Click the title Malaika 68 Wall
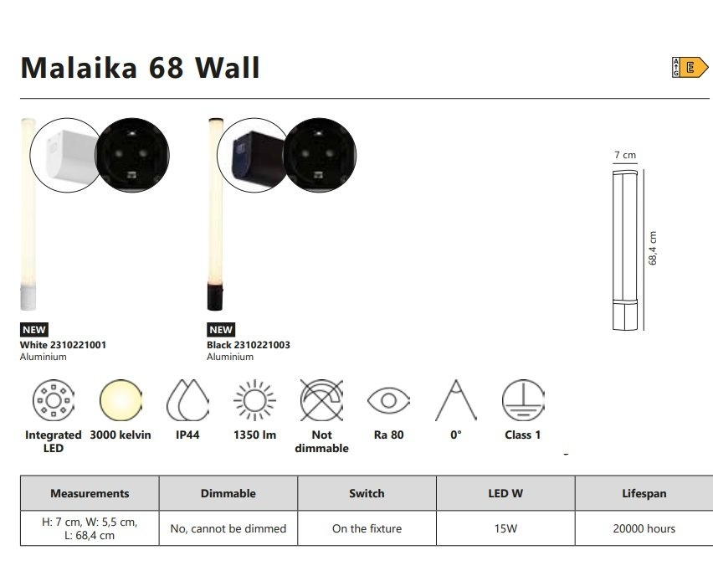pos(140,68)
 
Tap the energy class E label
pos(690,68)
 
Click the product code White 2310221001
pos(63,345)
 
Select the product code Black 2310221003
pos(249,345)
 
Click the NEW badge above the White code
pos(34,329)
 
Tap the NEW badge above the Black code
pos(221,329)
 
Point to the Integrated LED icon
pos(54,400)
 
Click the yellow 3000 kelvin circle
pos(121,400)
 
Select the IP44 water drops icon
pos(187,400)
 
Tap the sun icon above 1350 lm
pos(254,400)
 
